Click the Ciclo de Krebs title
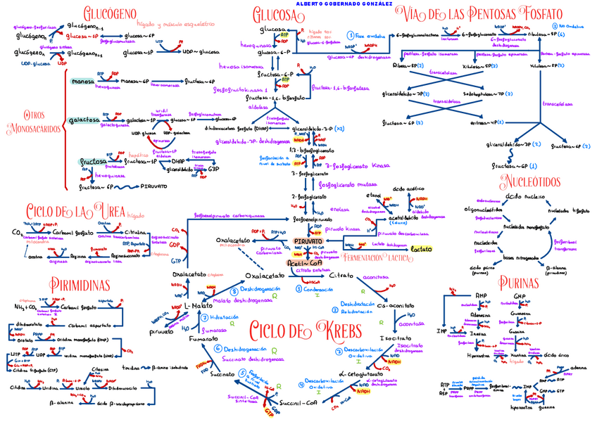[305, 331]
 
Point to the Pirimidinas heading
[80, 284]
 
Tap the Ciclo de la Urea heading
[77, 211]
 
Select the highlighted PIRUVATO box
[313, 241]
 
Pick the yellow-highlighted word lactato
[421, 249]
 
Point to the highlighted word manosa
[82, 82]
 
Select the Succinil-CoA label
[299, 403]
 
